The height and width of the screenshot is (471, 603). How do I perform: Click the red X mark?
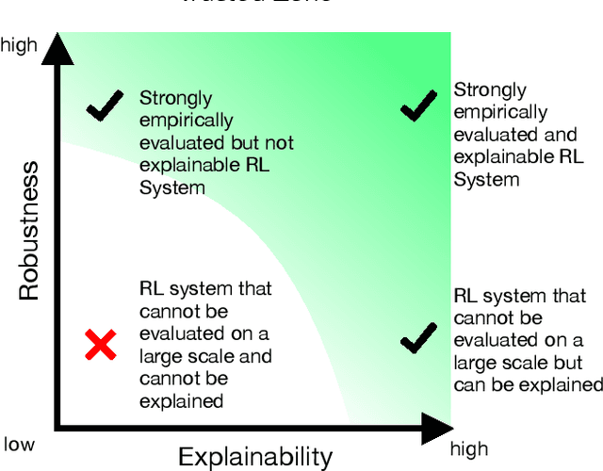[101, 346]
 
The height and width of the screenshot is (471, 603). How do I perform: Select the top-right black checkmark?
[418, 106]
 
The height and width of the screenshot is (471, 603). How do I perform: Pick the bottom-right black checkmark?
[418, 337]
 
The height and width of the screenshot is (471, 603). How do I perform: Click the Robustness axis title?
[29, 231]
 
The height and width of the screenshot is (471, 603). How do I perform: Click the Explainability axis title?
[255, 457]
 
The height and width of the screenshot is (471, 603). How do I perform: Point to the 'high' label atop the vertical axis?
[19, 43]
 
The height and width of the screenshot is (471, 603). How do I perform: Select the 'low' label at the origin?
[19, 444]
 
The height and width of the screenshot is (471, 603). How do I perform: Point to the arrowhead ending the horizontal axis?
[435, 428]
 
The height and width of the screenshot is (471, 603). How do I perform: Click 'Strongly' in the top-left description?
[176, 98]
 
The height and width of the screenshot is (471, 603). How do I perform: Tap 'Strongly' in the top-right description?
[490, 90]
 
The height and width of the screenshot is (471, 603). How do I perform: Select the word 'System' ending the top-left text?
[171, 187]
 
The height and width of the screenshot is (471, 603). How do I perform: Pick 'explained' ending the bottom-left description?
[181, 400]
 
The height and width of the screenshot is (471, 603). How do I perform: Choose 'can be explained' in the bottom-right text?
[528, 385]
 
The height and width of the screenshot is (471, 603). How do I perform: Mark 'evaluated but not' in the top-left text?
[217, 143]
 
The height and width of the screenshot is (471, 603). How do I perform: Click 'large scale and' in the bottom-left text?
[205, 356]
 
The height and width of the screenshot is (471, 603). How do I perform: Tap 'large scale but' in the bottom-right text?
[518, 363]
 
